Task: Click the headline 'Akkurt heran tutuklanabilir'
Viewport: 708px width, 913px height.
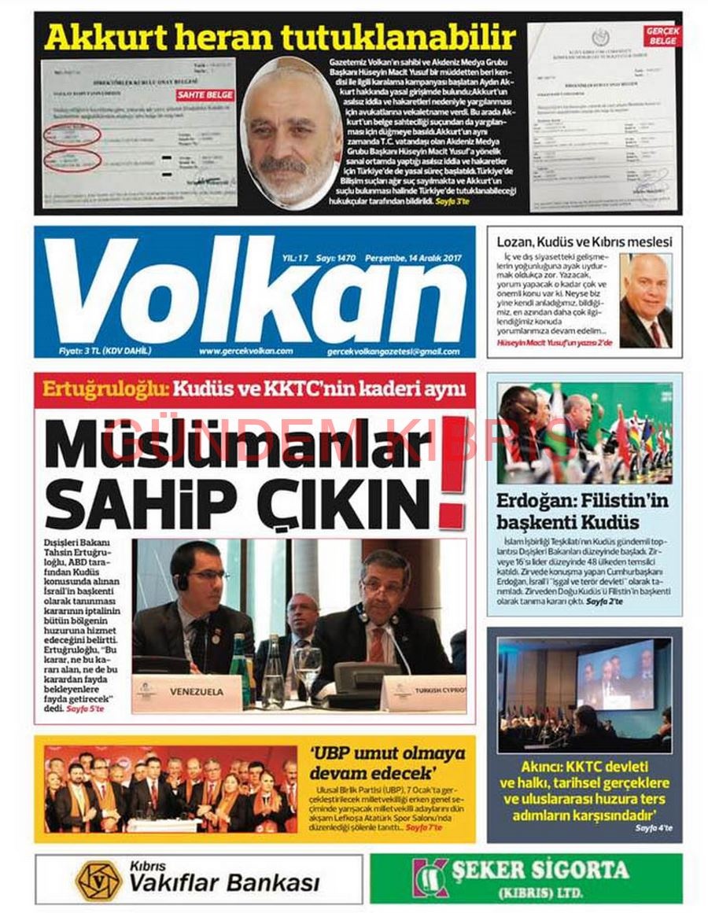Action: coord(280,37)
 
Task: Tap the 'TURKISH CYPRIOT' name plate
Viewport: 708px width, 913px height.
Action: coord(425,693)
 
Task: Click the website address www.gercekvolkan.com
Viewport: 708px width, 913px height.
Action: coord(245,351)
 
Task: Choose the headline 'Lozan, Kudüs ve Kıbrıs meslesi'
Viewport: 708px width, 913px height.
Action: coord(582,241)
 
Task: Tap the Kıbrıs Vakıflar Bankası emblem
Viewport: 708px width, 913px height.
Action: coord(98,880)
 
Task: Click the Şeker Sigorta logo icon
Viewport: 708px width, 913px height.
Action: coord(430,878)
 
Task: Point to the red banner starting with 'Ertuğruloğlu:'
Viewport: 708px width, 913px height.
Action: coord(254,388)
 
